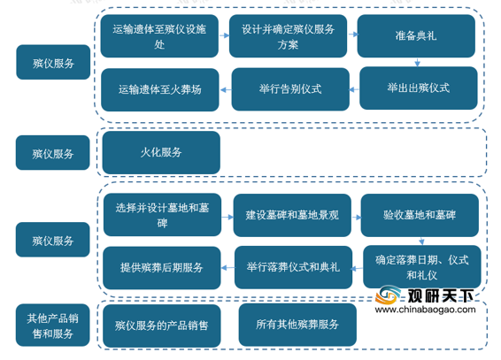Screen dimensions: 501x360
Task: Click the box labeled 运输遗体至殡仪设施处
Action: tap(159, 36)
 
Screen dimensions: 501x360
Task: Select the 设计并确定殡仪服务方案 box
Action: tap(288, 36)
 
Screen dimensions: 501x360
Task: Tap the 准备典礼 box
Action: tap(416, 36)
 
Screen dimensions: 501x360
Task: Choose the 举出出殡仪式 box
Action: tap(419, 88)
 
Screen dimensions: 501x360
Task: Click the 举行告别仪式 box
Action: tap(290, 89)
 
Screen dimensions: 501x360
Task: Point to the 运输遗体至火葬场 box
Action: tap(160, 89)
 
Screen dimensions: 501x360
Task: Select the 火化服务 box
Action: tap(161, 152)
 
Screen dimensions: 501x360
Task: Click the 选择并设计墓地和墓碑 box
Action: tap(162, 215)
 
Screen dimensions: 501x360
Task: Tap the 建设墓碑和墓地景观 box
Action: tap(292, 215)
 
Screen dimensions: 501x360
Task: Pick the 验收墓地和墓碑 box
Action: tap(420, 215)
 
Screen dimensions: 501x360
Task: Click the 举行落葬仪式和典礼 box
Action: tap(293, 267)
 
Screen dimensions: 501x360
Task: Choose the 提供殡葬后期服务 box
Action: tap(162, 268)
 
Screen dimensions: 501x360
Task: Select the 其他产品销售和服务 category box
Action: tap(53, 326)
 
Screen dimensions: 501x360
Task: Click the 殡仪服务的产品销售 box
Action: tap(162, 326)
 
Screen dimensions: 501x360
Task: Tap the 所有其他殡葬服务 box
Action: tap(297, 325)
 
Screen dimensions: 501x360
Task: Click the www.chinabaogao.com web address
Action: tap(425, 310)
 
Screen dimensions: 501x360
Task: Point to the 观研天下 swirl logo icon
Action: tap(388, 295)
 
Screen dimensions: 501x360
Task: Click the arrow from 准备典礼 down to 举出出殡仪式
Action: tap(417, 62)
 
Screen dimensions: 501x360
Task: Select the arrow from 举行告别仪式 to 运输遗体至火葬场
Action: tap(226, 90)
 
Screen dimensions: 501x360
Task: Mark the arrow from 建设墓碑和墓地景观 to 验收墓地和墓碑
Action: tap(356, 218)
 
